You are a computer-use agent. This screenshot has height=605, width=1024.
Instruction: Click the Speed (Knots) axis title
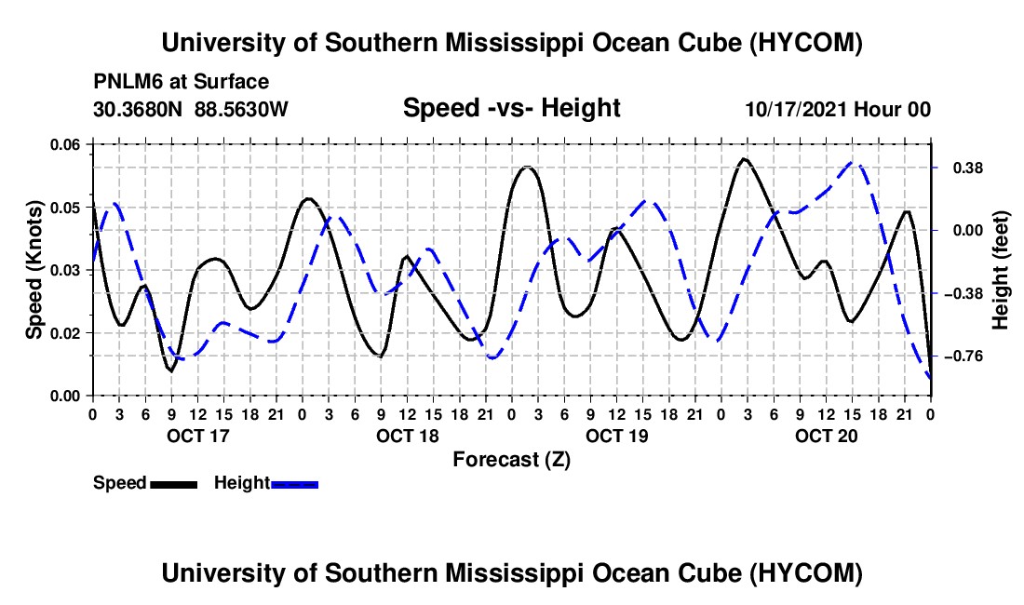click(34, 270)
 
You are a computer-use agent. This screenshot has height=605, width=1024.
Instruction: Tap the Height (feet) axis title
click(1001, 270)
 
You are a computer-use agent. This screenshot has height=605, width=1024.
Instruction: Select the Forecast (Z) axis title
click(511, 460)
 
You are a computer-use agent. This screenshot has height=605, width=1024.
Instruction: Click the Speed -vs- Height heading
click(511, 108)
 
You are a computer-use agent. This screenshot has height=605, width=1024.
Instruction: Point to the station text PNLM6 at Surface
click(181, 82)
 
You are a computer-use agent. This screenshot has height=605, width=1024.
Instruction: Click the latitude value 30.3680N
click(138, 109)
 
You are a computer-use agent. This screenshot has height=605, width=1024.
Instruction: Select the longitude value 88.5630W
click(241, 109)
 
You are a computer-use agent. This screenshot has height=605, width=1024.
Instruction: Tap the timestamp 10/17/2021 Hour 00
click(838, 109)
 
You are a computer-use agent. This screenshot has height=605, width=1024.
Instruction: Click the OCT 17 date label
click(198, 436)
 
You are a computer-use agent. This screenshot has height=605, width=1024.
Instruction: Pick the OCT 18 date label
click(408, 436)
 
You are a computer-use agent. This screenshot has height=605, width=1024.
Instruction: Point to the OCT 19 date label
click(616, 436)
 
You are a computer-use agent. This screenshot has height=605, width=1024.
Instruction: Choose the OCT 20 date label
click(826, 436)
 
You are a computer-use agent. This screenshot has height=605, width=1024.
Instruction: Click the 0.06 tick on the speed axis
click(65, 144)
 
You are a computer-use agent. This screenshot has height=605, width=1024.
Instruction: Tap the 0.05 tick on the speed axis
click(65, 208)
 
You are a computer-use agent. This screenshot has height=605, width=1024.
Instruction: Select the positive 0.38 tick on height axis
click(968, 168)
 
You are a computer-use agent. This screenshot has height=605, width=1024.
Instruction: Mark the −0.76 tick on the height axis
click(963, 356)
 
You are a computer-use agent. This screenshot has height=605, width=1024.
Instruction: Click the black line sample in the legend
click(174, 484)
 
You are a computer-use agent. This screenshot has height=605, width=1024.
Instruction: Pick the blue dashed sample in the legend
click(294, 484)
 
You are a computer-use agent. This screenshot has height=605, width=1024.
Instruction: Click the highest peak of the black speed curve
click(744, 158)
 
